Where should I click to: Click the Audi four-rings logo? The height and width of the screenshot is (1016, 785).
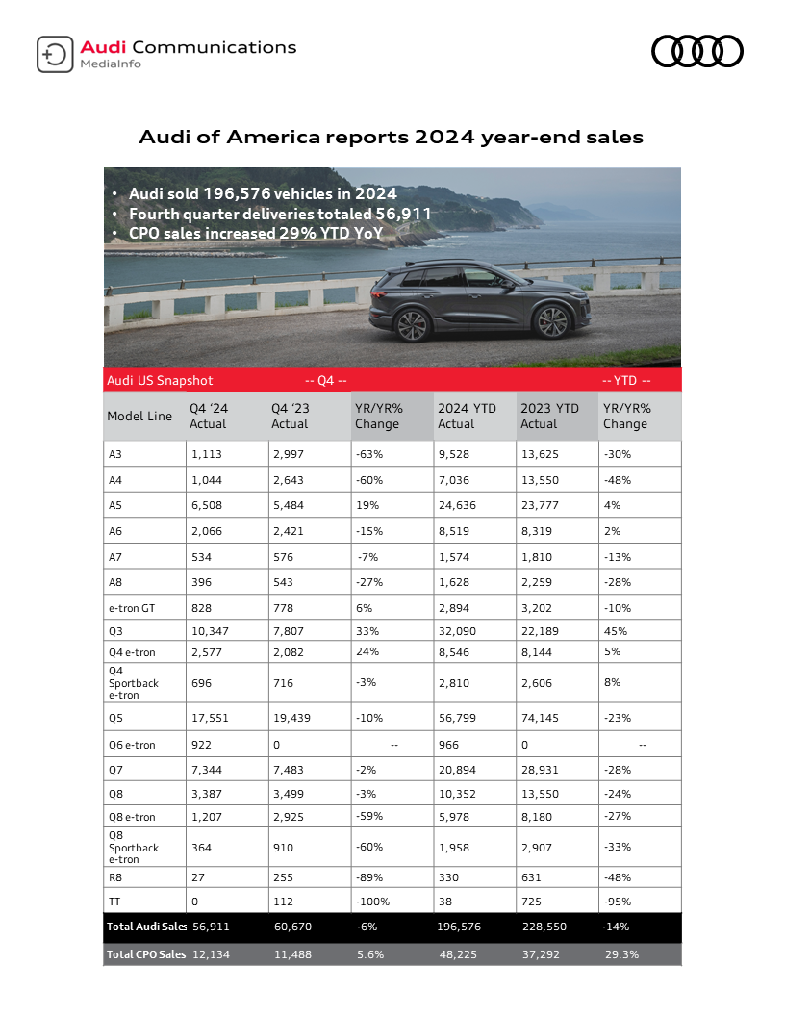point(697,51)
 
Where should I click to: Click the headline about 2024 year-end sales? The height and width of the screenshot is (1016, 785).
point(392,137)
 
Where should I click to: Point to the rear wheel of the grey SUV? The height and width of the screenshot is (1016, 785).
point(412,324)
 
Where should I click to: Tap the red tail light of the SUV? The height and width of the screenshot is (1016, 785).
point(376,285)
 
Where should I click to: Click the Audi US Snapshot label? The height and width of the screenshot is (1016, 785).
point(160,381)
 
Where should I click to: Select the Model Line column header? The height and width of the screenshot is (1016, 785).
point(139,416)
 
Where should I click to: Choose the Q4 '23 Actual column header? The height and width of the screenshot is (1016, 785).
point(291,416)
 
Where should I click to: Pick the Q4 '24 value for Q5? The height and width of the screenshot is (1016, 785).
point(210,718)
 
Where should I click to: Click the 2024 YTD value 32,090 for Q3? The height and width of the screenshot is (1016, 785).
point(458,631)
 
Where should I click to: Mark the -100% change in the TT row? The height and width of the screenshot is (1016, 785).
point(373,902)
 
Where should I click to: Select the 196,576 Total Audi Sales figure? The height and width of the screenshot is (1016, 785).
point(459,927)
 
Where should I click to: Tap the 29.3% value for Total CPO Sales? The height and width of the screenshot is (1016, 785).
point(621,953)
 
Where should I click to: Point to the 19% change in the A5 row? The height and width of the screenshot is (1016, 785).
point(366,504)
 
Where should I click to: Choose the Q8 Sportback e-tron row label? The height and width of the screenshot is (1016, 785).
point(134,848)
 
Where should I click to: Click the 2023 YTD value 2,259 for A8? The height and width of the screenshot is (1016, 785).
point(539,581)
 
